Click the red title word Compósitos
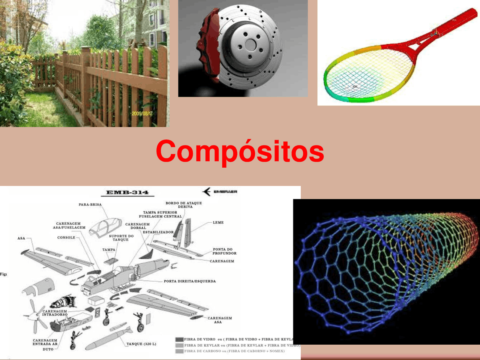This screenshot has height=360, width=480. [240, 151]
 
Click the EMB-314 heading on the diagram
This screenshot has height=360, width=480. [127, 192]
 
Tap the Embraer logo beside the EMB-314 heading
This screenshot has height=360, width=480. [220, 192]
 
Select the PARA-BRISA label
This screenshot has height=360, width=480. [90, 205]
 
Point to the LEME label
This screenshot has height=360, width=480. [218, 222]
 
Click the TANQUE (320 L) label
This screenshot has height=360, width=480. [141, 344]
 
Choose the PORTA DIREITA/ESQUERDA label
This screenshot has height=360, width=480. [190, 281]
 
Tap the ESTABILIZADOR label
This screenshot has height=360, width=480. [158, 232]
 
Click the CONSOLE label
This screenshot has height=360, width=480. [66, 237]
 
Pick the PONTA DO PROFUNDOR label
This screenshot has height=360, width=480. [224, 251]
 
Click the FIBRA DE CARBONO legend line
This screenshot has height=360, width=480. [234, 351]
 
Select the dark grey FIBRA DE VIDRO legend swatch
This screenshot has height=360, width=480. [179, 339]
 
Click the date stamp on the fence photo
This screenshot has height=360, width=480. [142, 113]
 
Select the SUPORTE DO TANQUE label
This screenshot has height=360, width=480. [121, 238]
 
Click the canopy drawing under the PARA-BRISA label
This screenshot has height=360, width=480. [105, 226]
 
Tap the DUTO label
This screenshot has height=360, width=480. [48, 349]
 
